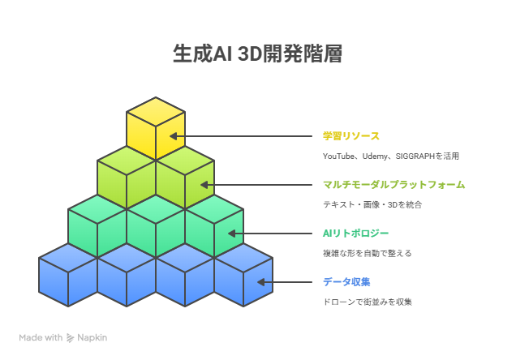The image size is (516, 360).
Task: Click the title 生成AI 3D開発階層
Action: [258, 54]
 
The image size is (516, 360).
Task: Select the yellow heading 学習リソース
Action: [351, 136]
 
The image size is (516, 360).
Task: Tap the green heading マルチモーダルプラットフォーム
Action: [394, 185]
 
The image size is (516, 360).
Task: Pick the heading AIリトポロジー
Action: [355, 234]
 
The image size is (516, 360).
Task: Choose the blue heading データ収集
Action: [346, 282]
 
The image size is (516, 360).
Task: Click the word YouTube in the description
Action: [338, 156]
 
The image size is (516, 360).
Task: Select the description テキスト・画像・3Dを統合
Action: [372, 205]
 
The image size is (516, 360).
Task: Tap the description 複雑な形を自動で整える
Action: [368, 254]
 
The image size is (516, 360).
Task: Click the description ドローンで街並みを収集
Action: [368, 302]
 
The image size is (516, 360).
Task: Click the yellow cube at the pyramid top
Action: [156, 128]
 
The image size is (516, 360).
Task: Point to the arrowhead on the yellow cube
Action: [174, 136]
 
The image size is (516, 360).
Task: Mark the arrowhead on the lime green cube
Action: [204, 185]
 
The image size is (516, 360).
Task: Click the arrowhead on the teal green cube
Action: [232, 234]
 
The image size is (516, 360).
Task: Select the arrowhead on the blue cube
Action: [261, 282]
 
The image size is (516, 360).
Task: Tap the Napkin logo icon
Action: [70, 338]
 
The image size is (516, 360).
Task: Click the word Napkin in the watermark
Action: [92, 338]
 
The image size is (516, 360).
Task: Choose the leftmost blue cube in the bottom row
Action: [68, 275]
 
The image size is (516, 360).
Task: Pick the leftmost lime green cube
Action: [127, 178]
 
